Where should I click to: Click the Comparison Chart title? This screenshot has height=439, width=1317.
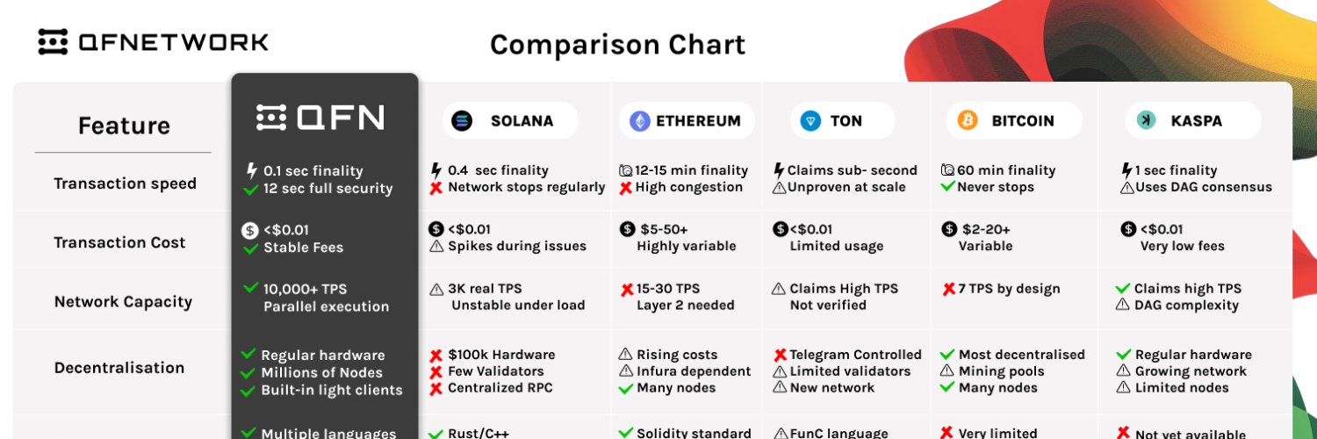617,44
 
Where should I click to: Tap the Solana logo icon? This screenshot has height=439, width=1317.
462,121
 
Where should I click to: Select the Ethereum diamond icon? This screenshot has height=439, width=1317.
639,121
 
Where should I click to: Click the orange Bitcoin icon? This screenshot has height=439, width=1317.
968,120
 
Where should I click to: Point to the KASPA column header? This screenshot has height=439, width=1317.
1193,121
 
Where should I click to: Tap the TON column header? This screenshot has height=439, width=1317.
843,121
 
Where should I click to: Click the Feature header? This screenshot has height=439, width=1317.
124,126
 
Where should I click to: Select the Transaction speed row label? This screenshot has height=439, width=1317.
125,184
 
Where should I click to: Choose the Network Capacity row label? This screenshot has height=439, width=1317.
123,302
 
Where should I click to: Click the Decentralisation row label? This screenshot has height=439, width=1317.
119,368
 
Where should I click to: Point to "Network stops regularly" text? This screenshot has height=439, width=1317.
526,187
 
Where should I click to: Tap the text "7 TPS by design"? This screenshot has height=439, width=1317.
1008,289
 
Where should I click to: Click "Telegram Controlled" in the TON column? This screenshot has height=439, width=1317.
855,355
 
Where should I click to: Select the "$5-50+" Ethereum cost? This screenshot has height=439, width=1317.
665,229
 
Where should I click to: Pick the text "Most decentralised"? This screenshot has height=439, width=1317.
1021,355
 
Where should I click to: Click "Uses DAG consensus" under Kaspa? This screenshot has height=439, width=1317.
1203,187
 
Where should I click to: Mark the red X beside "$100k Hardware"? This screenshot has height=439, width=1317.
435,356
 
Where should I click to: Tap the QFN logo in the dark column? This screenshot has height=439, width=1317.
320,118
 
